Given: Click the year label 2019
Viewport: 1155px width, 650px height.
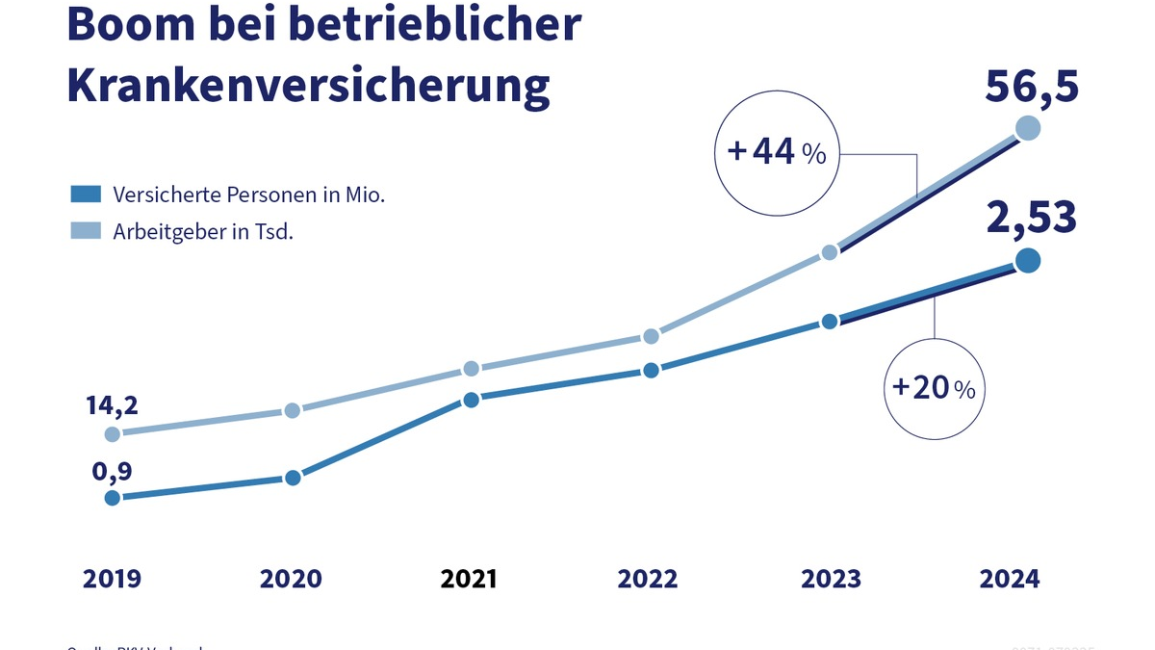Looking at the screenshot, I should (x=112, y=579).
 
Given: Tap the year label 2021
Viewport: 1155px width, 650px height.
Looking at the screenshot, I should (x=469, y=579).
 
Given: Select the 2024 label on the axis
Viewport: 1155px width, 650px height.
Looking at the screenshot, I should (x=1010, y=579).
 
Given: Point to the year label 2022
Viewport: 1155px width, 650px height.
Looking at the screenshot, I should (x=648, y=579).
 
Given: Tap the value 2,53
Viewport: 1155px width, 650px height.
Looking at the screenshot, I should (x=1031, y=218).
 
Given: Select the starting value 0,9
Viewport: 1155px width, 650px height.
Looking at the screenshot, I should (x=112, y=471).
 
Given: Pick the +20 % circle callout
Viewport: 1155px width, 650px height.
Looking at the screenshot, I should (x=934, y=388).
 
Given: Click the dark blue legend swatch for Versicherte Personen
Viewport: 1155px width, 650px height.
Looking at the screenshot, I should (x=86, y=195).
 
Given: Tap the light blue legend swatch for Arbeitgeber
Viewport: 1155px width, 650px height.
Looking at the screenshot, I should (x=86, y=232).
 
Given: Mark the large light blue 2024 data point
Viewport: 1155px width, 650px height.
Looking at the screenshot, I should (x=1027, y=128).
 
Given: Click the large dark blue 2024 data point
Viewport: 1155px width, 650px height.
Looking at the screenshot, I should (x=1027, y=260).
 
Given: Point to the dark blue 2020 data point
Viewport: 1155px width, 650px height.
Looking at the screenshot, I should (x=293, y=478).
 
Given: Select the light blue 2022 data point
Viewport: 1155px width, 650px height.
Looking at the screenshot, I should (x=651, y=336).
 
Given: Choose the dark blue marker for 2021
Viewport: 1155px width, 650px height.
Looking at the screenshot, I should (x=471, y=400).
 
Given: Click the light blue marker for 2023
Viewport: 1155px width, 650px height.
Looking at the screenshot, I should (x=830, y=252).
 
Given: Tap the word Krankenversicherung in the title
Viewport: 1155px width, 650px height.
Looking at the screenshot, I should (x=308, y=84).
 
